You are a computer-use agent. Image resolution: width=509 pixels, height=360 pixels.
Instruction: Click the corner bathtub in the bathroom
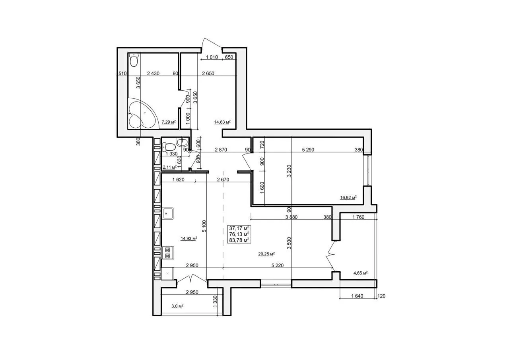(143, 114)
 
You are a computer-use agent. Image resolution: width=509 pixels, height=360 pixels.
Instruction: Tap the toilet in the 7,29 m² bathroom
(134, 60)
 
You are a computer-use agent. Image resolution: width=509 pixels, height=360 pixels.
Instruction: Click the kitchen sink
(167, 213)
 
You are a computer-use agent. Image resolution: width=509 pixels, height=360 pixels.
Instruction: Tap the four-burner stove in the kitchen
(167, 253)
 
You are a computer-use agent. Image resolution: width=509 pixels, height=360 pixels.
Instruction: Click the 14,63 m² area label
(222, 122)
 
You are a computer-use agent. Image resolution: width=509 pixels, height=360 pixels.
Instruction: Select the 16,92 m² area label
(348, 197)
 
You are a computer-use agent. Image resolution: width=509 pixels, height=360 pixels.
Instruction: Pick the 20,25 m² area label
(266, 254)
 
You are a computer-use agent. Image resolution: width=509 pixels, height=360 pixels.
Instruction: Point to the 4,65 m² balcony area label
(360, 273)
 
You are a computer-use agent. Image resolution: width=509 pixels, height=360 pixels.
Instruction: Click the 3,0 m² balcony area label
(177, 306)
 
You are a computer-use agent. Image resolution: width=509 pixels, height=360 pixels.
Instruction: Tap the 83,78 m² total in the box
(239, 240)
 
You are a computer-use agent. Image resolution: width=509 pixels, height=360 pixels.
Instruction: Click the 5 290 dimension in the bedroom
(308, 150)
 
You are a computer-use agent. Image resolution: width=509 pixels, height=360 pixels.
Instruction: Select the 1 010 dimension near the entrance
(212, 57)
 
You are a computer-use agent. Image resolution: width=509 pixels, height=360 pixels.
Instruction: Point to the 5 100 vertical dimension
(204, 226)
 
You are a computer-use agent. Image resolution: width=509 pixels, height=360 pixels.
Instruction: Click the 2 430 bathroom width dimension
(153, 74)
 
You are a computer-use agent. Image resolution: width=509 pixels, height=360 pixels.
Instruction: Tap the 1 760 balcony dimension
(358, 217)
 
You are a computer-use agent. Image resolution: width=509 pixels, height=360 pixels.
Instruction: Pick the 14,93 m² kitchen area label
(188, 238)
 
